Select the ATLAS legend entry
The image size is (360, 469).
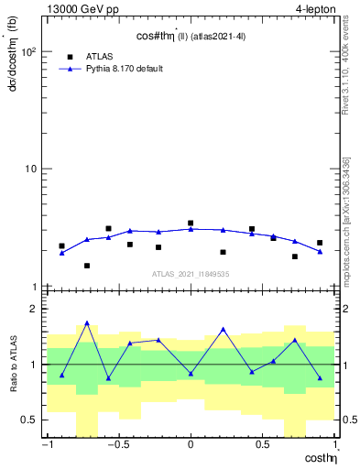[98, 56]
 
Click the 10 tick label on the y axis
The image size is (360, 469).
[32, 169]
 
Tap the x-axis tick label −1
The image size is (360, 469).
[46, 446]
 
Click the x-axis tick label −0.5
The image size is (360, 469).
[117, 446]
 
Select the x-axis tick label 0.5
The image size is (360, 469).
[263, 446]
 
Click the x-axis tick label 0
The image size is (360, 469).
[191, 446]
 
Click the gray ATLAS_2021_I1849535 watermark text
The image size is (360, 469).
[190, 274]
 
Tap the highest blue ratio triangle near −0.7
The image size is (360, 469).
[87, 323]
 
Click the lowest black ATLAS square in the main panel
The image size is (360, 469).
[87, 266]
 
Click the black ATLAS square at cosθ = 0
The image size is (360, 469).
[191, 223]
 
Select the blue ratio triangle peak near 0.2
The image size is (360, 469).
[223, 330]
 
